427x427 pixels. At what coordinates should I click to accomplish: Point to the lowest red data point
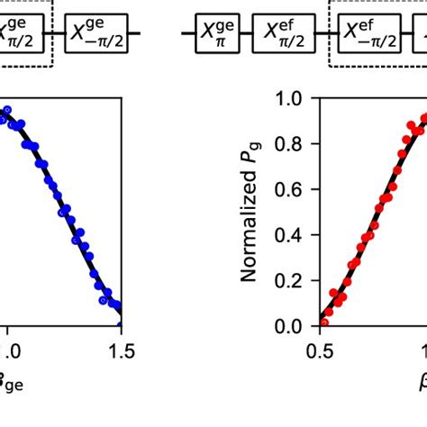(x=324, y=322)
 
